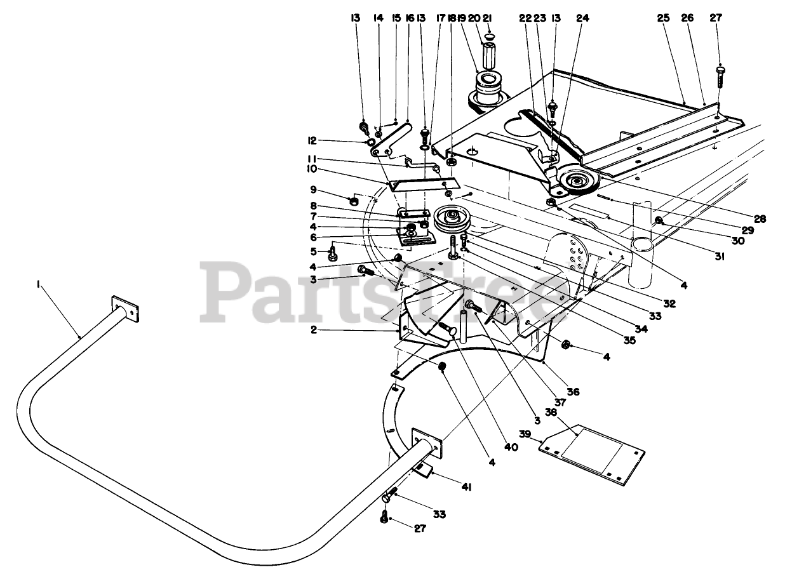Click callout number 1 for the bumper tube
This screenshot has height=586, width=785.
click(39, 286)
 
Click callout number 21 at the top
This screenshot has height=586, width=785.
click(488, 18)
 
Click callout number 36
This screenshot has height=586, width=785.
click(574, 392)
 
